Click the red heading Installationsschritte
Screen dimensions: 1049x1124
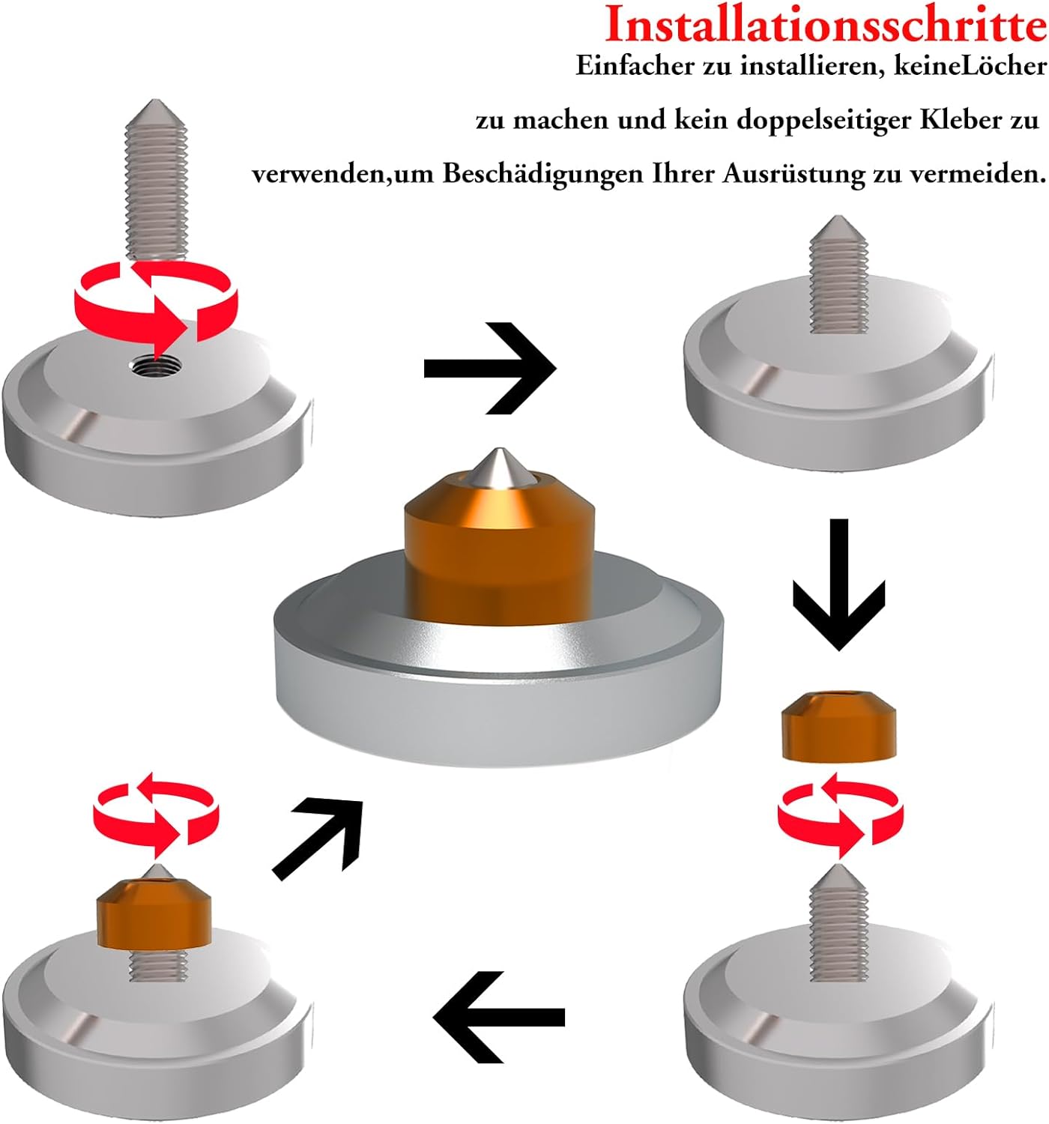[826, 25]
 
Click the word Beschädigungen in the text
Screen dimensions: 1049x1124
[542, 174]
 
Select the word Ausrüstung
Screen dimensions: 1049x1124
[793, 174]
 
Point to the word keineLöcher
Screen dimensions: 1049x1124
[970, 66]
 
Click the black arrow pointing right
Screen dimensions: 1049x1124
[490, 369]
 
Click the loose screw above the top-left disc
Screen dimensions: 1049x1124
[154, 180]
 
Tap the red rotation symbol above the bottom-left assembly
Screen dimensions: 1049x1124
[157, 815]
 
